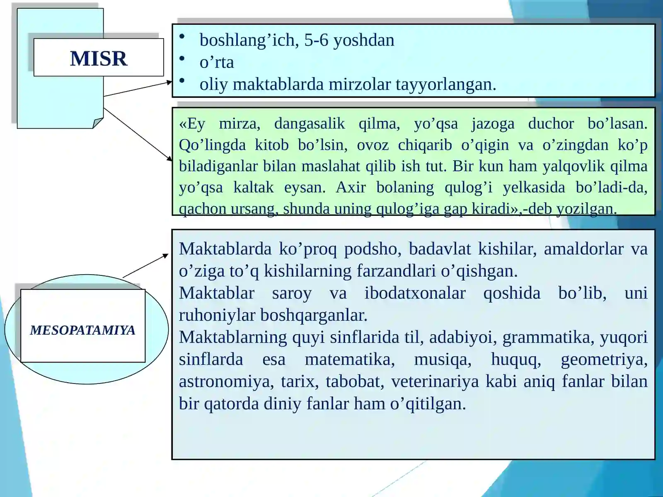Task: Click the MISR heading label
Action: (99, 58)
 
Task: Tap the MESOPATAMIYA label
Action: (83, 330)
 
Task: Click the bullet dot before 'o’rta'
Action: (181, 59)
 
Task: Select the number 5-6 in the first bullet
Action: (316, 40)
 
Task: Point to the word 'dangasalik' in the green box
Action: (309, 123)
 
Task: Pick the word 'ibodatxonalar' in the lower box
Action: (415, 293)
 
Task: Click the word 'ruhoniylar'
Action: (217, 315)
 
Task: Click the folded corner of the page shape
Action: (98, 123)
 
